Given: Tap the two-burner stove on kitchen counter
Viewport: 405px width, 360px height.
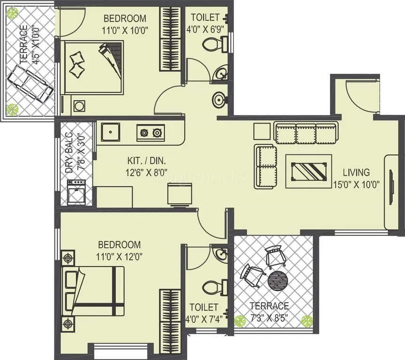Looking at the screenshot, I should [x=151, y=133].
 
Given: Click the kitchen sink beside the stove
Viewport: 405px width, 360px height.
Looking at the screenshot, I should [x=110, y=132].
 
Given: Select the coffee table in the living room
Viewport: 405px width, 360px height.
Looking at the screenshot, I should [x=309, y=171].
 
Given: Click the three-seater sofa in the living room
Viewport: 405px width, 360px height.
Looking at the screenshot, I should [x=306, y=133].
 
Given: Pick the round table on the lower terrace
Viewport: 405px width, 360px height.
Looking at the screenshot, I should [x=277, y=280].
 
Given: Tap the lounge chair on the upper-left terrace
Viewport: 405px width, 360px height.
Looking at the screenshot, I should [x=32, y=83].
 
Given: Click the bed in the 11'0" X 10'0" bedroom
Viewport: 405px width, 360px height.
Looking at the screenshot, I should [x=93, y=67].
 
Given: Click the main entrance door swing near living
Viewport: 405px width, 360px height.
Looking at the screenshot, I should [x=362, y=96].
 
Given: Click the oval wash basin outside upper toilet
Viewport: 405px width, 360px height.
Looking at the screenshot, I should [x=219, y=100].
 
